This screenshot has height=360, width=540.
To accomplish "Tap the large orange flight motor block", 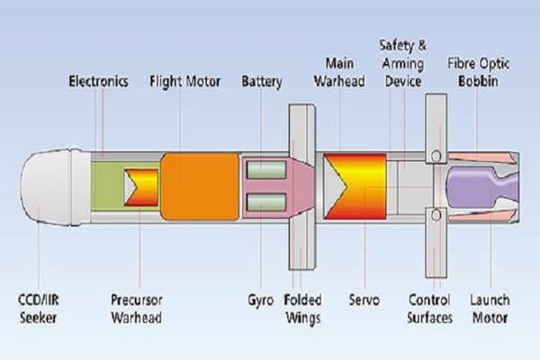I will click(x=199, y=185).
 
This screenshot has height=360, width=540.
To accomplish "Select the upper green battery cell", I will click(x=266, y=169).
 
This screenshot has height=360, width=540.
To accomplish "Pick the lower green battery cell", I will click(x=266, y=203).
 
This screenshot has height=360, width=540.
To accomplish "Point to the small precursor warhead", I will click(x=141, y=186).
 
